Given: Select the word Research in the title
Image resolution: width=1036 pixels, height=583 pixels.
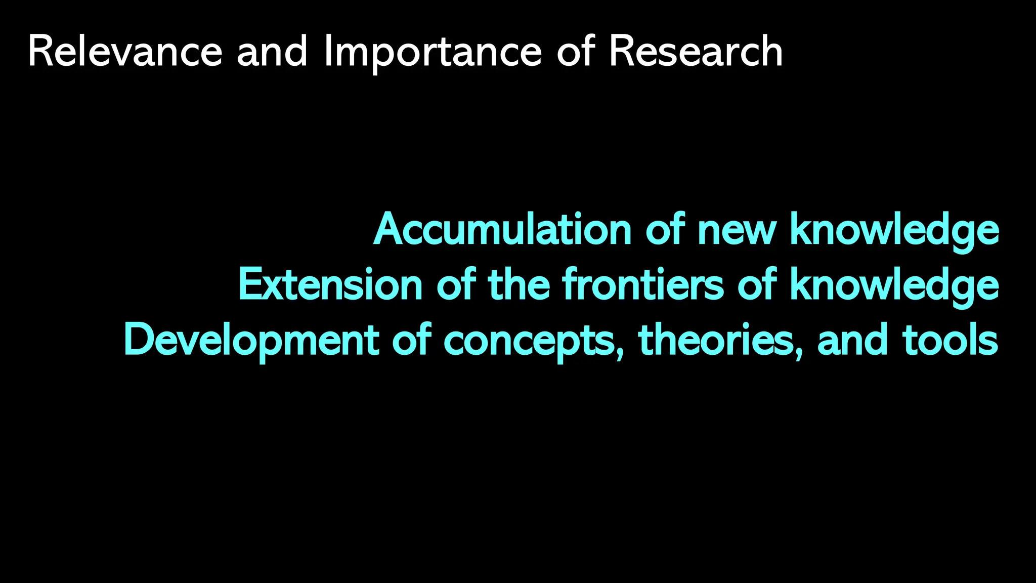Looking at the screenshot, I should click(696, 52).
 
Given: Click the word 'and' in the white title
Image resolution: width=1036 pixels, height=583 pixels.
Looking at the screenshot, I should click(272, 52).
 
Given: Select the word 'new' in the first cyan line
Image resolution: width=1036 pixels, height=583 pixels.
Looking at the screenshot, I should click(736, 230).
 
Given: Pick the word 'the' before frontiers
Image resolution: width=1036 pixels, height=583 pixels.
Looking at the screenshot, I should click(519, 285).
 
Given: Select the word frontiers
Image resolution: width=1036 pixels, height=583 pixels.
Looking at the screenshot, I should click(643, 285).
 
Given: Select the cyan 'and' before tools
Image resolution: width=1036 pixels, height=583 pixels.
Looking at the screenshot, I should click(852, 340).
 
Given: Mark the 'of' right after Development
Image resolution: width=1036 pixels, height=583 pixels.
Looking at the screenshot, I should click(411, 340).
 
